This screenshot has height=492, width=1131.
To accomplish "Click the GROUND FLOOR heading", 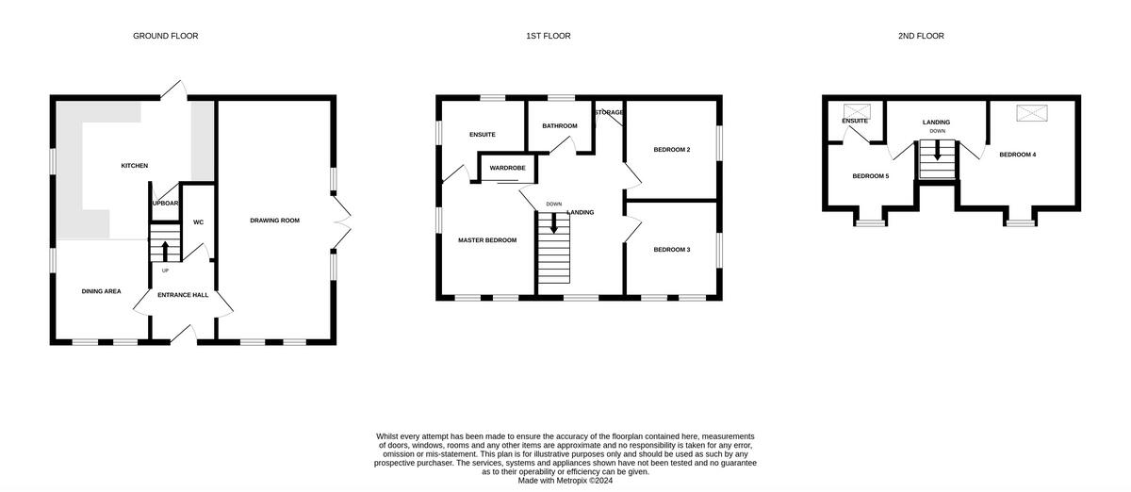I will click(165, 36).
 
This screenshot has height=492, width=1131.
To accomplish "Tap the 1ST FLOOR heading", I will click(548, 36).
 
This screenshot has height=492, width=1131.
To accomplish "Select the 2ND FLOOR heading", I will click(921, 36).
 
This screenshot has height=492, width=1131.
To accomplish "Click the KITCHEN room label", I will click(134, 166).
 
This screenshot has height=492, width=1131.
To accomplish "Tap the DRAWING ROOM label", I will click(274, 221).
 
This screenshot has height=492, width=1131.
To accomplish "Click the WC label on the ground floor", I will click(198, 222).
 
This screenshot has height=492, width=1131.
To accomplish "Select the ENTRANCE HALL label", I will click(183, 295).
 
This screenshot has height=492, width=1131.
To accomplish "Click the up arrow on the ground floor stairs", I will click(166, 251).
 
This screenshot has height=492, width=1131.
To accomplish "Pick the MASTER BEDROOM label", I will click(487, 240).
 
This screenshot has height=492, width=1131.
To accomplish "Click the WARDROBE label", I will click(507, 168).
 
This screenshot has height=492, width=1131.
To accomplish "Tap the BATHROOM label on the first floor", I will click(559, 125).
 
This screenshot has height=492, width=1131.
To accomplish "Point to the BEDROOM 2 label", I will click(673, 150).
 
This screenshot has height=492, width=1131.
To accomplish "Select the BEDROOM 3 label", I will click(673, 250).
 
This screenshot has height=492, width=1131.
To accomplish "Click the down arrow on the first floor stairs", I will click(553, 223).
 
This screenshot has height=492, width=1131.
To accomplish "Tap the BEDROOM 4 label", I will click(1018, 155).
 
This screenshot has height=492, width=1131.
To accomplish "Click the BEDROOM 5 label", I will click(871, 176).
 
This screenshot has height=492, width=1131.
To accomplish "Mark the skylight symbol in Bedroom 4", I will click(1029, 113).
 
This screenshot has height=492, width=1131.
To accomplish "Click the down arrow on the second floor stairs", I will click(937, 152).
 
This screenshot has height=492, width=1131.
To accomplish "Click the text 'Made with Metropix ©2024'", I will click(565, 480).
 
